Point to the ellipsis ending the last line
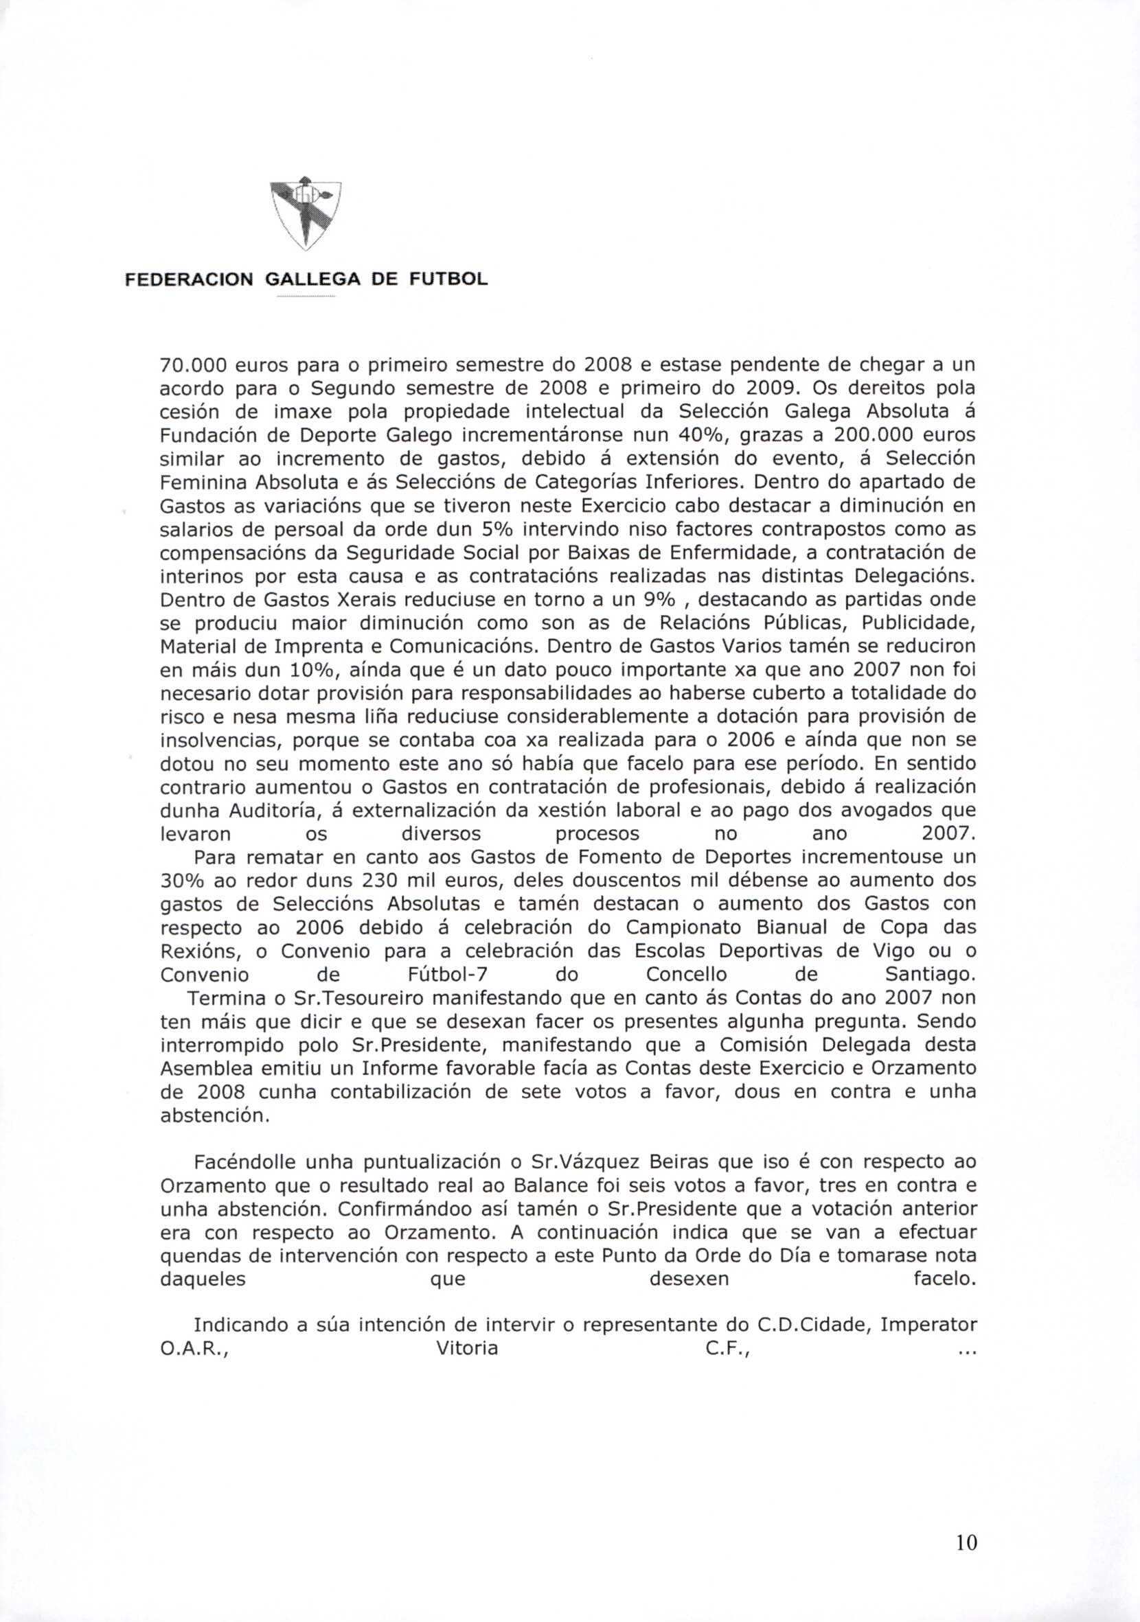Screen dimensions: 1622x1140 point(966,1349)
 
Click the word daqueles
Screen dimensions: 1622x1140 point(203,1278)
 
